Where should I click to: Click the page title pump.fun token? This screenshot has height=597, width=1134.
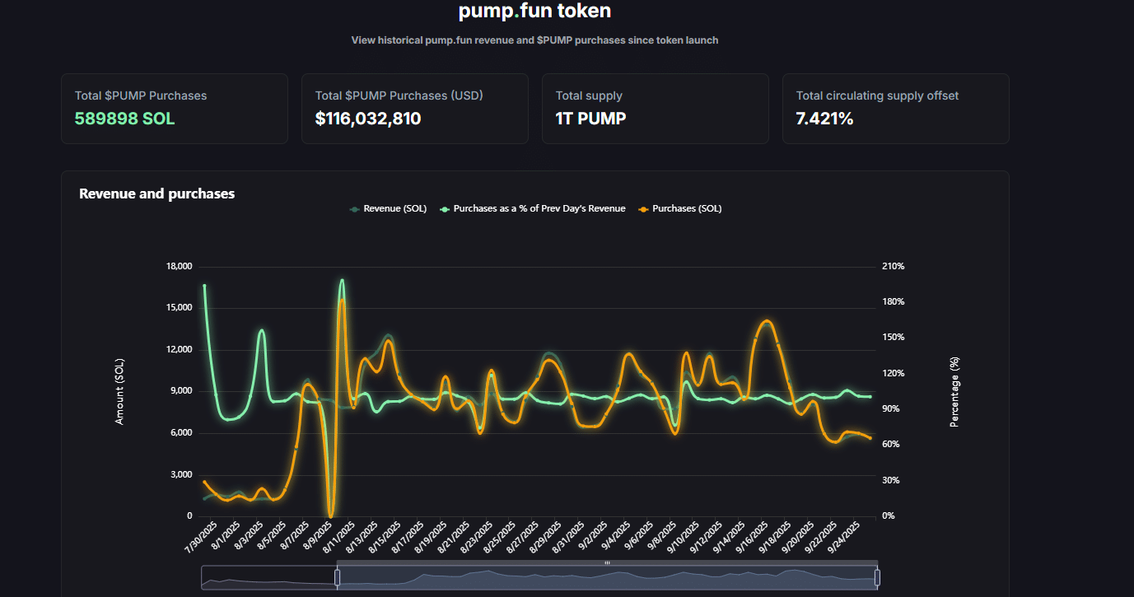coord(534,12)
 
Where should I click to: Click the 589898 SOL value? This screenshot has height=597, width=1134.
coord(124,119)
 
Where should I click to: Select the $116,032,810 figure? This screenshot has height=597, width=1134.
coord(368,119)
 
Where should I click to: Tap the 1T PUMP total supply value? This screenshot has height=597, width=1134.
coord(590,119)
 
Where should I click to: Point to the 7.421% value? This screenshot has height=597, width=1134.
coord(824,119)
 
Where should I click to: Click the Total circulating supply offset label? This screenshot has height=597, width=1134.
coord(877,96)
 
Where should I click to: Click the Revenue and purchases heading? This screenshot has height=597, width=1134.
coord(156,194)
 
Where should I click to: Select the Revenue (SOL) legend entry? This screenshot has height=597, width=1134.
coord(389,209)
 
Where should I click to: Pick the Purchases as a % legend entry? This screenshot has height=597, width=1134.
coord(533,209)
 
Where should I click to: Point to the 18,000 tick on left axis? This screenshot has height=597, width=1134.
coord(179,267)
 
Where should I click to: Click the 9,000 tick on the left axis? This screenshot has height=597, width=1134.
coord(181,391)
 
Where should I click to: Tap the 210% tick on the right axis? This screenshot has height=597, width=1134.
coord(894,267)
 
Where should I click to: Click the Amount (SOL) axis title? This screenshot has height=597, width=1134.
coord(119,392)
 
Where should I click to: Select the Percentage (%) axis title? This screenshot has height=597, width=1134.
coord(954,392)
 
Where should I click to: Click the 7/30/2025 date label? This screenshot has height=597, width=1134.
coord(200,538)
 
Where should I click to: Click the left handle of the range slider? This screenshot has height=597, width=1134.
coord(337,578)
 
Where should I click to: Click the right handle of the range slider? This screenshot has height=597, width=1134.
coord(877,578)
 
